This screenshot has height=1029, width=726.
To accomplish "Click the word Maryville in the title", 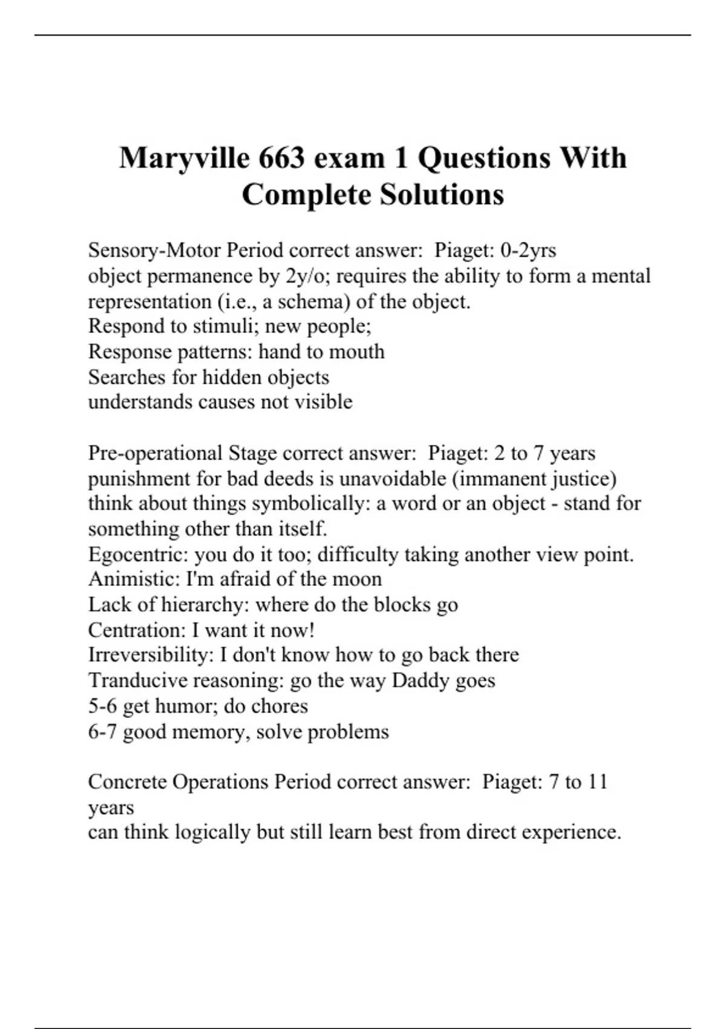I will (x=185, y=159).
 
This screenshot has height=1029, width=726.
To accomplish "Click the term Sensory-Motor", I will (x=154, y=250).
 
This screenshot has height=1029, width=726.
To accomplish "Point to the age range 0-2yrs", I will (x=528, y=250).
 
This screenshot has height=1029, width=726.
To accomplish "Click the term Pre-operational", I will (x=155, y=453).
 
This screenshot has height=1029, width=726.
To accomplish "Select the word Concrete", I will (x=127, y=781).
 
